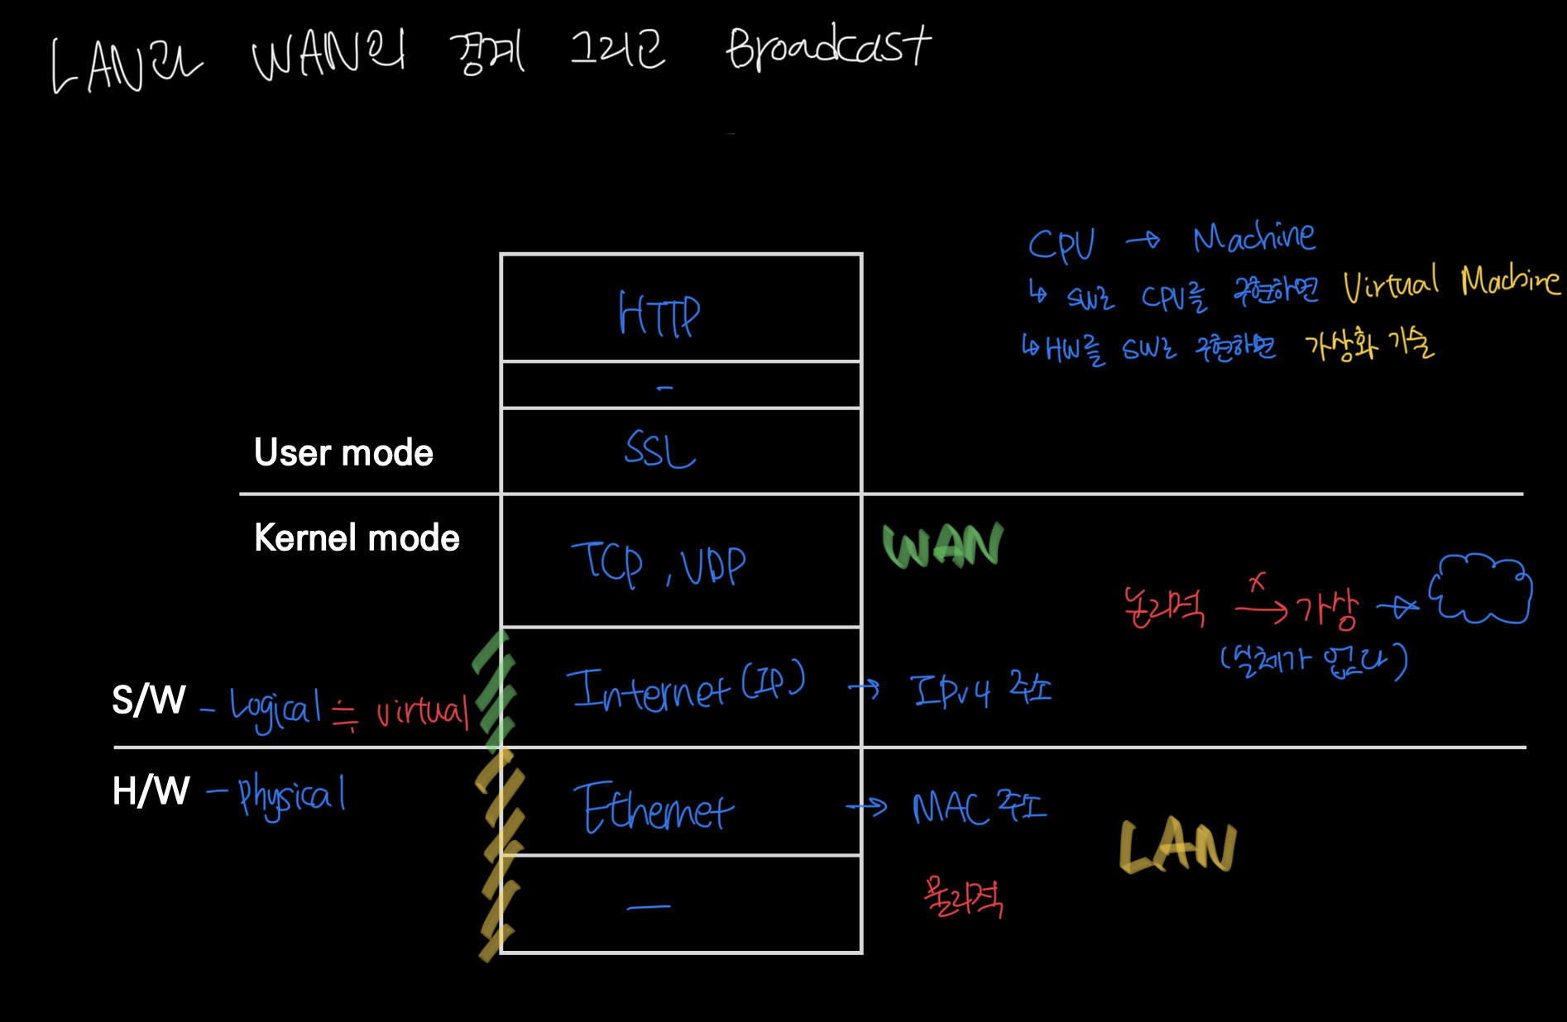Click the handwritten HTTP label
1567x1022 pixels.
(659, 314)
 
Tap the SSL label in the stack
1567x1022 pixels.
(659, 451)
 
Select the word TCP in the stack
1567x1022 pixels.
(608, 562)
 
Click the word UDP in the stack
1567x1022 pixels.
(713, 566)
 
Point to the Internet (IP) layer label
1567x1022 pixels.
(685, 688)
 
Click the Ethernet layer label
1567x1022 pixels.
(654, 808)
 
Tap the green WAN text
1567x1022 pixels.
(943, 546)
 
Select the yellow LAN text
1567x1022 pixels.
(1178, 846)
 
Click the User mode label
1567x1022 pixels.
(343, 452)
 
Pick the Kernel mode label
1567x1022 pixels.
(357, 537)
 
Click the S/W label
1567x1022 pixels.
(149, 700)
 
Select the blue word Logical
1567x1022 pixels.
(275, 708)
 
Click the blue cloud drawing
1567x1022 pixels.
(1480, 589)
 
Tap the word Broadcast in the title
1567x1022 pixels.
(827, 47)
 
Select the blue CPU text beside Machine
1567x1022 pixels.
(1061, 245)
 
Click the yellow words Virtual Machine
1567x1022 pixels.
(1451, 283)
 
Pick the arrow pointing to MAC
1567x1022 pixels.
(866, 806)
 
